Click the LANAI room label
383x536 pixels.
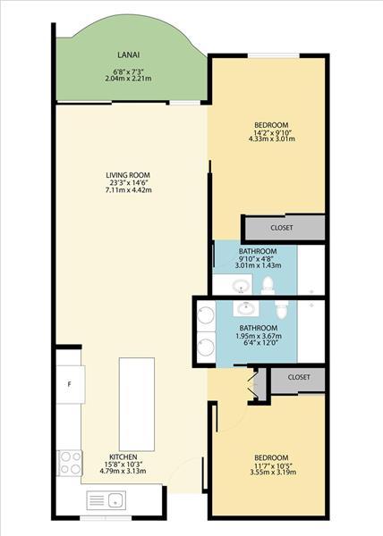(x=128, y=54)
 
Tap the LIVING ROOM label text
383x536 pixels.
(x=128, y=175)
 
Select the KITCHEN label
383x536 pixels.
(x=123, y=457)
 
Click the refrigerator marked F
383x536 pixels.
(x=71, y=384)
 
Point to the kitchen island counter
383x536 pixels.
(x=137, y=405)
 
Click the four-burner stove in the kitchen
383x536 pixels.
(x=70, y=463)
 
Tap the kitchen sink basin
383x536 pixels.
(x=116, y=500)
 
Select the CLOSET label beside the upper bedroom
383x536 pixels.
(x=282, y=228)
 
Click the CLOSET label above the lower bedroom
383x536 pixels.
(x=299, y=377)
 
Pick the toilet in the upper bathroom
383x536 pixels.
(x=268, y=286)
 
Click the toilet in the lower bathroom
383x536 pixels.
(x=281, y=309)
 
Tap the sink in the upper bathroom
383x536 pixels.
(x=241, y=286)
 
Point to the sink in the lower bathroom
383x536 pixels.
(x=246, y=309)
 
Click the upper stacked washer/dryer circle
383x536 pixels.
(x=206, y=314)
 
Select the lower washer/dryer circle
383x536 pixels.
(x=206, y=346)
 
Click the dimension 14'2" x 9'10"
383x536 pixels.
(x=272, y=132)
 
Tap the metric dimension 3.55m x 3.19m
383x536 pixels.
(x=273, y=473)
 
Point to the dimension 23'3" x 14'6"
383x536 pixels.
(x=129, y=183)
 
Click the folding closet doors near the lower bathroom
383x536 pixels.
(x=252, y=384)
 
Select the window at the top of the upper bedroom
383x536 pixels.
(x=274, y=55)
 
